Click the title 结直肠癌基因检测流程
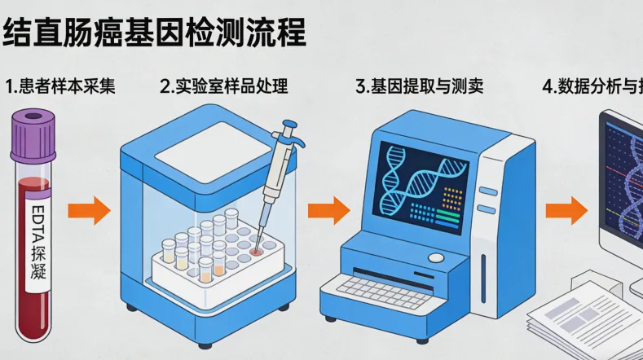[155, 32]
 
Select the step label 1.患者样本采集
[59, 86]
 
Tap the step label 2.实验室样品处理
[224, 86]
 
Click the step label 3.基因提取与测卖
[420, 86]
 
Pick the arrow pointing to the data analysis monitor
[566, 211]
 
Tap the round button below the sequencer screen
[437, 258]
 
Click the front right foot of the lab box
[283, 307]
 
